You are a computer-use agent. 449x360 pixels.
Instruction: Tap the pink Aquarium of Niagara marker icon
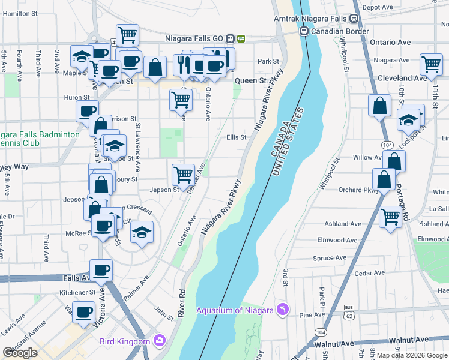tap(282, 310)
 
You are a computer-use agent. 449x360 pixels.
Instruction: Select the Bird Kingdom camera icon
tap(159, 341)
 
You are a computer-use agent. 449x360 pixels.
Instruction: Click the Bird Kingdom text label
tap(125, 341)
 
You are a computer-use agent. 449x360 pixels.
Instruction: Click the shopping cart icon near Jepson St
tap(183, 174)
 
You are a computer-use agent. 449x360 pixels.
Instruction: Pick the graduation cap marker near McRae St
tap(142, 232)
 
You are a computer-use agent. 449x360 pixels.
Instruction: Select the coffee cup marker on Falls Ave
tap(101, 269)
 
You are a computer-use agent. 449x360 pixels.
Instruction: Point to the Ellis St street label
tap(237, 137)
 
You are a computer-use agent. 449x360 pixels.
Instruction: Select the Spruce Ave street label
tap(330, 258)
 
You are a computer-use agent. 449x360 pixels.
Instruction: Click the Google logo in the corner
tap(20, 353)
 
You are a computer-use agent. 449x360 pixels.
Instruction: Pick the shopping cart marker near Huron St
tap(181, 99)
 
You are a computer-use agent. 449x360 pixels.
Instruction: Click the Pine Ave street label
tap(312, 315)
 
